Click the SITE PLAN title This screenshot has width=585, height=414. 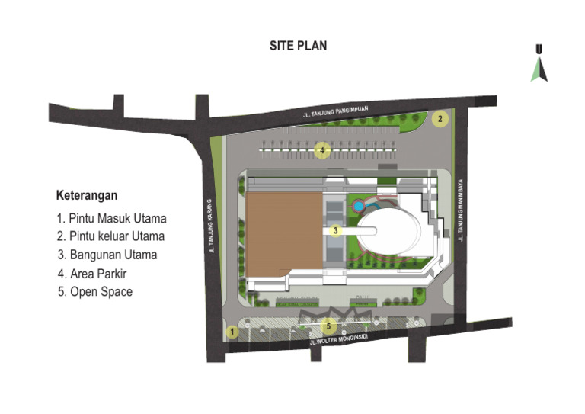[298, 46]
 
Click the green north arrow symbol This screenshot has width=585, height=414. [539, 69]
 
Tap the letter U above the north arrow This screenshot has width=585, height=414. [539, 49]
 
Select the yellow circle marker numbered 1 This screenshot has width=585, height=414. [232, 332]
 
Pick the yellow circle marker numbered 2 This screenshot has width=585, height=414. [440, 118]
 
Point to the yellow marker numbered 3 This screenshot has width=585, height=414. [334, 229]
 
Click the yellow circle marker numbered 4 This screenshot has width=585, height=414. [323, 150]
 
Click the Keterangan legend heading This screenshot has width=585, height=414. [87, 195]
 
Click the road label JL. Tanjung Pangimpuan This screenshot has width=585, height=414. [336, 112]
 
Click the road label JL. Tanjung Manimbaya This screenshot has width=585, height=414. [462, 217]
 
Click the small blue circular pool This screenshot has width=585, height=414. [360, 205]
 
